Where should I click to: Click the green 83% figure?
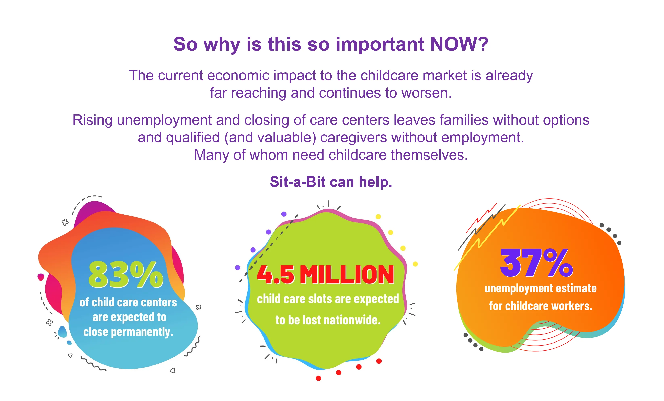tap(126, 274)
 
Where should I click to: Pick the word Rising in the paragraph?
tap(92, 120)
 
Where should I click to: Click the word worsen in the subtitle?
tap(426, 93)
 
